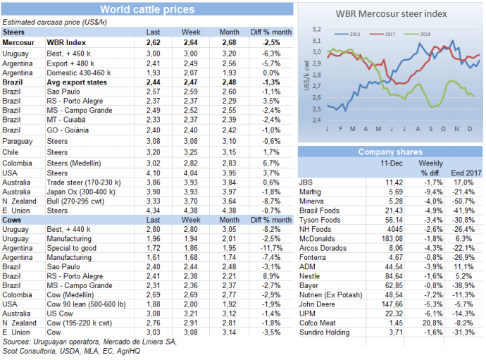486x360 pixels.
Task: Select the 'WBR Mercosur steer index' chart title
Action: (390, 15)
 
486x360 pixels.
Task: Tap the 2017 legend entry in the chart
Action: (387, 33)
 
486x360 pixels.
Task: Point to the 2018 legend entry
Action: (424, 33)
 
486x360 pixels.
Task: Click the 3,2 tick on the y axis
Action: (316, 30)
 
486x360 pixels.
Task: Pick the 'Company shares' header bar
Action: (390, 151)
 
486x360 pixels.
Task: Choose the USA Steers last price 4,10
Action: (153, 171)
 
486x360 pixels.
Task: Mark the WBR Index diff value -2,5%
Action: (271, 42)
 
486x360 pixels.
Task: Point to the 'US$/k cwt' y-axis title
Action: (306, 75)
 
